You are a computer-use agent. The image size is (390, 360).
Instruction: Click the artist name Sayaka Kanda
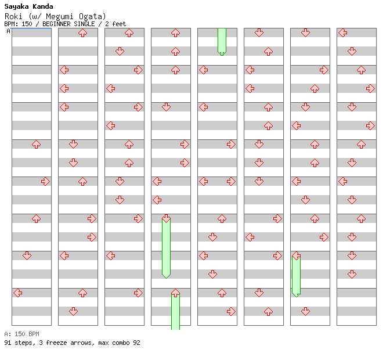tap(28, 6)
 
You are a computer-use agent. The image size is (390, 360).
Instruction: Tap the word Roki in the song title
tap(15, 16)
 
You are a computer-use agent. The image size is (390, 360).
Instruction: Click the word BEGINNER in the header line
tap(60, 24)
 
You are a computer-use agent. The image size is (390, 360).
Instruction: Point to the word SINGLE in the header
tap(89, 24)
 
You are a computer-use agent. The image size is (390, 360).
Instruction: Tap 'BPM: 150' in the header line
tap(18, 24)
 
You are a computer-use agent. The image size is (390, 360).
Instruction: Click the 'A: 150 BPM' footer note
tap(21, 334)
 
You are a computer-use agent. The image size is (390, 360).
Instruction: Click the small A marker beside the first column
tap(8, 31)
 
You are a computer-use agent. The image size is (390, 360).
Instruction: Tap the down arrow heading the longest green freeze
tap(166, 218)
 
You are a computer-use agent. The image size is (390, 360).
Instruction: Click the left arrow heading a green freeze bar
tap(296, 255)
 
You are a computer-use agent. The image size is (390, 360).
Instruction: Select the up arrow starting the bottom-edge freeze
tap(175, 293)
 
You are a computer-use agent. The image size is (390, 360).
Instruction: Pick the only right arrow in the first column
tap(45, 181)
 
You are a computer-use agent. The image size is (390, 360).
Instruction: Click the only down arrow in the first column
tap(27, 255)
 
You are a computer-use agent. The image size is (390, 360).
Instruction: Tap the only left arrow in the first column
tap(17, 293)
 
